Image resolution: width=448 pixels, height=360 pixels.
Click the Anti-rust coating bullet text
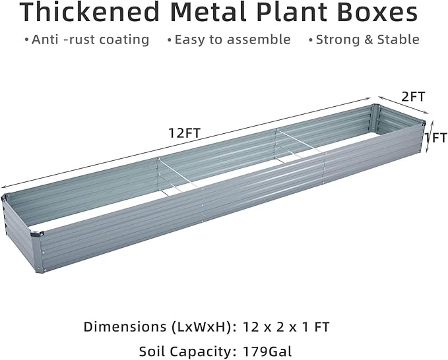point(90,40)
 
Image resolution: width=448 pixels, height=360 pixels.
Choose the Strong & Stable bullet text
point(367,40)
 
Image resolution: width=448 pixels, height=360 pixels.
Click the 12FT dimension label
point(184,133)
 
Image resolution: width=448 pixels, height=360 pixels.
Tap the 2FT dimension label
point(413,96)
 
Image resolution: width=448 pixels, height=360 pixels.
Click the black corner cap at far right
point(422,123)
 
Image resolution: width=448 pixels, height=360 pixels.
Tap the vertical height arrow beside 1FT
point(429,136)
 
